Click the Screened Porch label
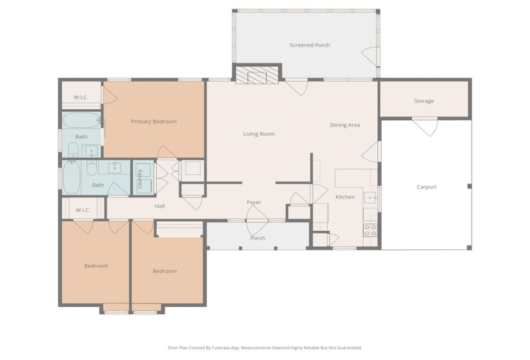point(310,45)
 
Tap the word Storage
point(423,101)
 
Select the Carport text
point(426,187)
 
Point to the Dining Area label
point(344,125)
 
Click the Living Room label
point(259,134)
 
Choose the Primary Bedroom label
point(154,122)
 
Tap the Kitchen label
point(345,197)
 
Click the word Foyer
point(254,203)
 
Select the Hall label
point(160,206)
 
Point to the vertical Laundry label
point(139,178)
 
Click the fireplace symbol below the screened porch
point(258,76)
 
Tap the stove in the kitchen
point(371,230)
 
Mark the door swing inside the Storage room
point(425,126)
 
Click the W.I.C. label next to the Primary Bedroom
point(81,98)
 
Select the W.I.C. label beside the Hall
point(83,210)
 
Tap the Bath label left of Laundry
point(98,185)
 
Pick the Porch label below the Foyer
point(258,239)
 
